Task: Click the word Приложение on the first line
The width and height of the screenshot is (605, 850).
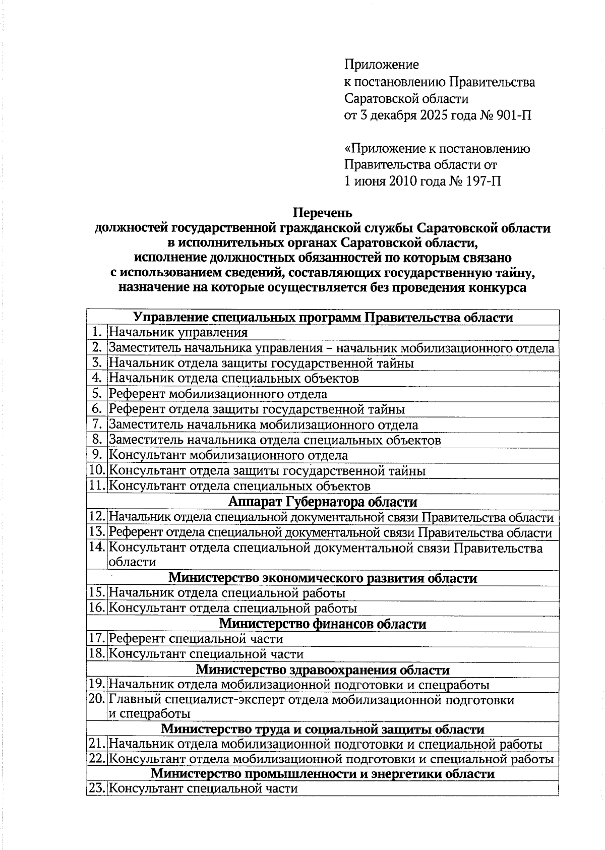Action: click(382, 65)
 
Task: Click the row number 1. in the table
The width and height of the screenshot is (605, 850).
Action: click(97, 332)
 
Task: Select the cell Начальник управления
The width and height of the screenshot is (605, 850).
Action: click(178, 332)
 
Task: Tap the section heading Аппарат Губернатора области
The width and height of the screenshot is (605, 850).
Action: click(323, 502)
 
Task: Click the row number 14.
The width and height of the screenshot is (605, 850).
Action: click(97, 548)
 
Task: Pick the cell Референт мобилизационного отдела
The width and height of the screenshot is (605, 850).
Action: click(218, 394)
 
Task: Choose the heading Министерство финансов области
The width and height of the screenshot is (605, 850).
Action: click(323, 624)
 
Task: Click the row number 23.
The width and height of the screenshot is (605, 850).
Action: click(97, 789)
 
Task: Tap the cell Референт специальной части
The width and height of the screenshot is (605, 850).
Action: click(196, 639)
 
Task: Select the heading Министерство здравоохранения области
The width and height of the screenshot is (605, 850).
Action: click(323, 670)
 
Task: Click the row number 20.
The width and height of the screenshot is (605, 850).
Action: click(97, 700)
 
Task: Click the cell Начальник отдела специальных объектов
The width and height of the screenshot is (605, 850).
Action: click(234, 379)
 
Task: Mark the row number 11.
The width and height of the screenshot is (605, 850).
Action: click(97, 487)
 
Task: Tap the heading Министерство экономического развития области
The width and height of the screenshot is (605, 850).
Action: click(323, 578)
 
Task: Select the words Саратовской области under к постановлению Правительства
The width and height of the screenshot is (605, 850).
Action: click(406, 99)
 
